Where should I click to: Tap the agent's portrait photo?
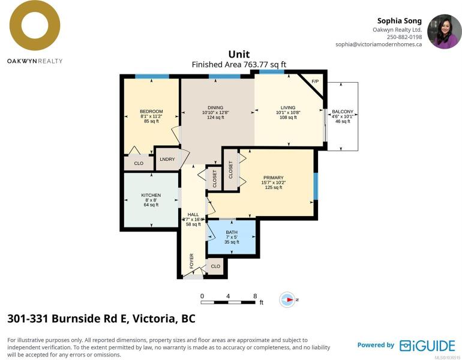click(x=445, y=32)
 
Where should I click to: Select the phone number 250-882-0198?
click(x=404, y=37)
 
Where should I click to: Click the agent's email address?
click(x=379, y=44)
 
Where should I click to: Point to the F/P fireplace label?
click(x=315, y=82)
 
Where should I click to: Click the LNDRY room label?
click(x=167, y=159)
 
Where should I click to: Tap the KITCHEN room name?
click(x=151, y=195)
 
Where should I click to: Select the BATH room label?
click(x=232, y=232)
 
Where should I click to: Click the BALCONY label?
click(x=343, y=112)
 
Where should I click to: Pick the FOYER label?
click(x=191, y=261)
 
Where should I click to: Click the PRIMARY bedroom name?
click(x=274, y=178)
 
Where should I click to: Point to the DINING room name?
click(x=215, y=108)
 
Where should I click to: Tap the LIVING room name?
click(x=288, y=108)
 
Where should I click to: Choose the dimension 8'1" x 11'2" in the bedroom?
click(x=151, y=116)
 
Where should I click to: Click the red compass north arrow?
click(x=290, y=299)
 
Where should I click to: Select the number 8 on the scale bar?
click(x=255, y=296)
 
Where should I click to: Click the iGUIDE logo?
click(x=427, y=346)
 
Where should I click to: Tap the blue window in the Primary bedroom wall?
click(x=316, y=186)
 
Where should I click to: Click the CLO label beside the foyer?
click(x=215, y=266)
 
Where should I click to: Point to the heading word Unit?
click(x=239, y=54)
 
